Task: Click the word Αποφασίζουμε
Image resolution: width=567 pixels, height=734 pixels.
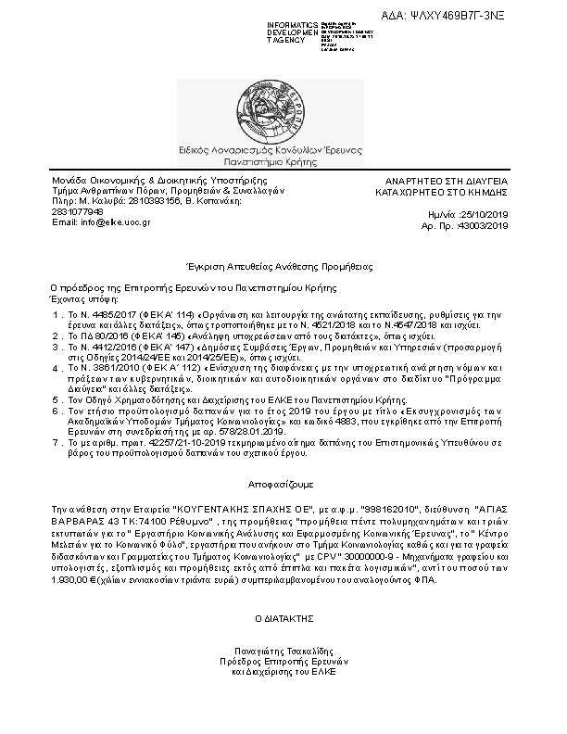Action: point(283,485)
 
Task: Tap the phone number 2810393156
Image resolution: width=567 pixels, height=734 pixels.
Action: point(157,200)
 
